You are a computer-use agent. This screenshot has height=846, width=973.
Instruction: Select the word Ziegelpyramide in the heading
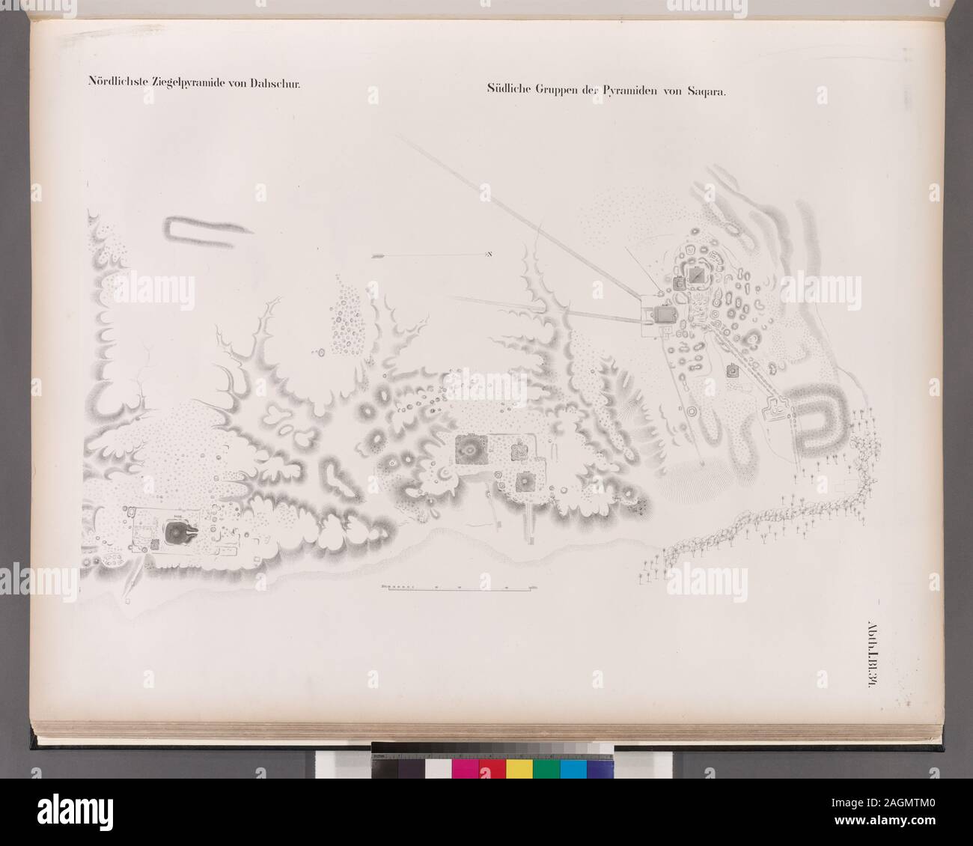(x=188, y=85)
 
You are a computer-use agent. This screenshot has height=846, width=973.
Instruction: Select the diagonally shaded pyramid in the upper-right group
(x=698, y=278)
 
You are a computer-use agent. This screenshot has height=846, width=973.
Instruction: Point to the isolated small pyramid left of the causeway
(x=732, y=371)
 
